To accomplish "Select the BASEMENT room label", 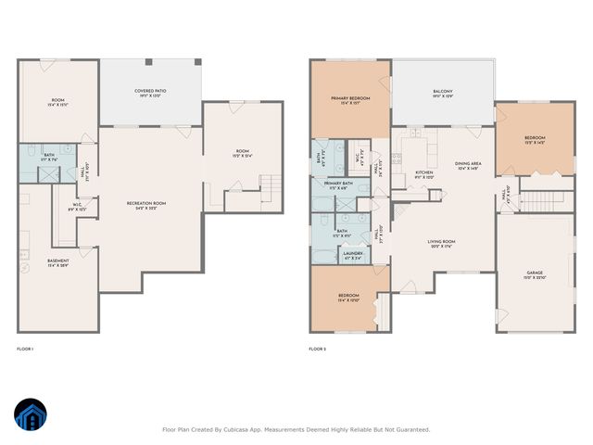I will [x=58, y=261].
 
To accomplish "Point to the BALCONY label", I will [x=441, y=91].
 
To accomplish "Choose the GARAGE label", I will [x=535, y=273].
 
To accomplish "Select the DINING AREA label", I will [x=468, y=164].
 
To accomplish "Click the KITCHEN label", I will [x=423, y=172].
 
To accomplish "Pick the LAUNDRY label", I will [x=352, y=253].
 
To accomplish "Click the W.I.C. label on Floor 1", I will [x=78, y=206].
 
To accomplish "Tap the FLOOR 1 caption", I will [x=25, y=349].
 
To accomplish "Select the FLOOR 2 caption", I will [x=318, y=349].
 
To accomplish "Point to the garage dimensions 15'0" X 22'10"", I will [x=535, y=278].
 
